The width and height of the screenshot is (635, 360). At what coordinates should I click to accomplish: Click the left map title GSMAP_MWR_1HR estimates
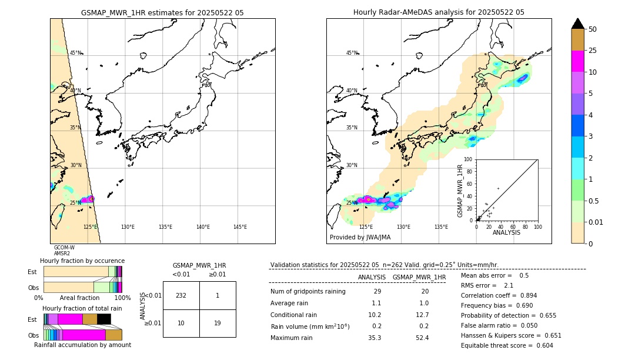162,12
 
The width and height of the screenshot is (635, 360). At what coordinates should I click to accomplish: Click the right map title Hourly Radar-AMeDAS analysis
439,12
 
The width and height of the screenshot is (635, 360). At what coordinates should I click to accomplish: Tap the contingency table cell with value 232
181,295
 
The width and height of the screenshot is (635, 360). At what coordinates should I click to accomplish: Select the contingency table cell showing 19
218,323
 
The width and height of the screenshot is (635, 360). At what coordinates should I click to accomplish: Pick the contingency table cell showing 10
181,323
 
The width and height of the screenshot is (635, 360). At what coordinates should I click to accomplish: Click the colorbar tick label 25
593,51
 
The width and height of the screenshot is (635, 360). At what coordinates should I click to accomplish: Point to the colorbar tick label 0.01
596,222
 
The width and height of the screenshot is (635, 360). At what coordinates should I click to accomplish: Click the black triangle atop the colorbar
578,24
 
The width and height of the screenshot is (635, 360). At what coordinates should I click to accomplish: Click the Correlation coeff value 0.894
523,295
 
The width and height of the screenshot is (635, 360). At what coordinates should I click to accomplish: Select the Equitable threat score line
507,345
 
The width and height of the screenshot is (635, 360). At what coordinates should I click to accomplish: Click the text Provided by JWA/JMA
360,238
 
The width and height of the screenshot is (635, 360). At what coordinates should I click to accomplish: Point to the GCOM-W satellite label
64,248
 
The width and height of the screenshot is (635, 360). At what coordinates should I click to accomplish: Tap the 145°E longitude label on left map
240,227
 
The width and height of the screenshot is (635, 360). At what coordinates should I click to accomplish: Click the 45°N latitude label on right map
352,53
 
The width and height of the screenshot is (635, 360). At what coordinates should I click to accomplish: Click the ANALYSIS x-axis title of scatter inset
506,232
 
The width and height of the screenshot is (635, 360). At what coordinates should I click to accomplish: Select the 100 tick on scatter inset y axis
469,159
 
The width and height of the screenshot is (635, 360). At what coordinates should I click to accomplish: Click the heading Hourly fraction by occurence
82,261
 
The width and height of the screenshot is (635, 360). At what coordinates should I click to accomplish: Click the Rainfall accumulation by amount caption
82,345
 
